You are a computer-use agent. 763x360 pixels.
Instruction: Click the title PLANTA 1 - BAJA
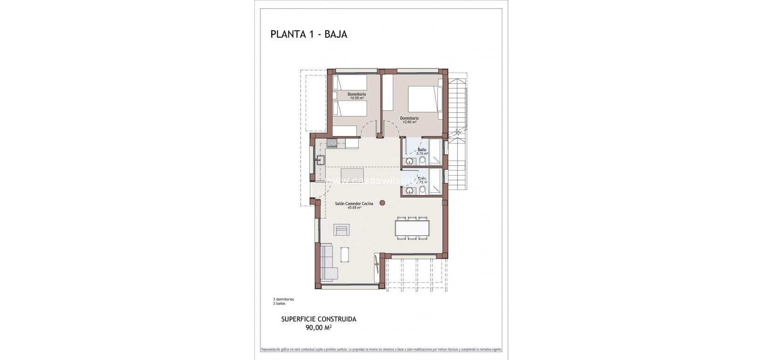(309, 34)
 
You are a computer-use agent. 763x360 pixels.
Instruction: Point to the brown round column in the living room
(382, 202)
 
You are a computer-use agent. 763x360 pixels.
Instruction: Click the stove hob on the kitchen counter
(332, 143)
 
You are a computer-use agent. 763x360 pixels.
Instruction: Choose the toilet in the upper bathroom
(422, 161)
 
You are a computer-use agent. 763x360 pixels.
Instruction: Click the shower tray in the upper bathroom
(436, 152)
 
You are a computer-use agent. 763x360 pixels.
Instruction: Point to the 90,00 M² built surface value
(319, 327)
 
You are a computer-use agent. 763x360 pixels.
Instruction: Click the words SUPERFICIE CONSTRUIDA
(319, 319)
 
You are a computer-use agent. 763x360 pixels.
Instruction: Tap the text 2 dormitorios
(283, 299)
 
